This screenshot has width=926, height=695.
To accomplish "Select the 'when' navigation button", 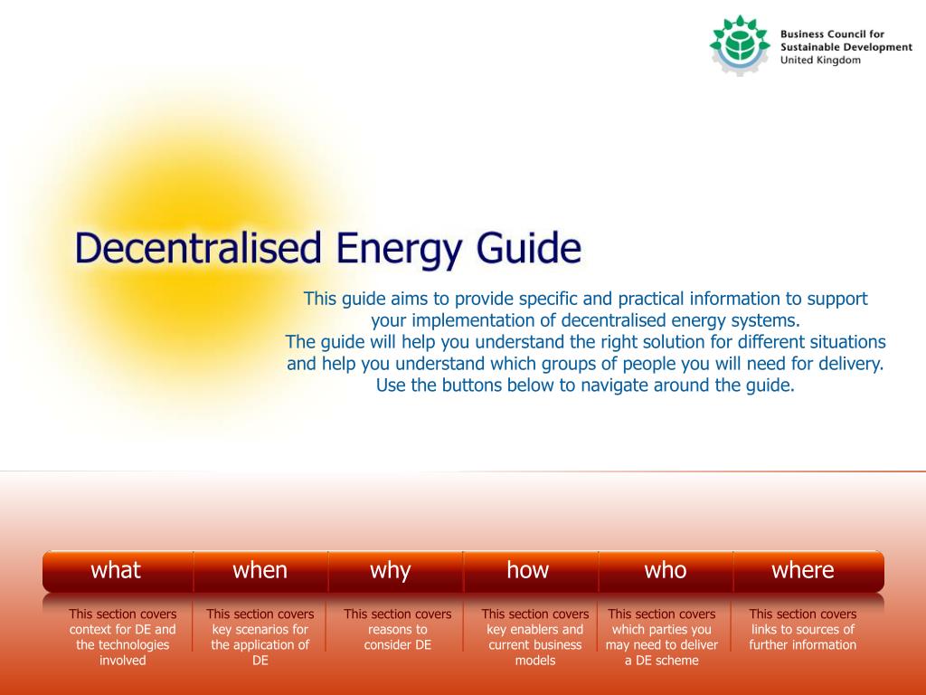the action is (260, 571).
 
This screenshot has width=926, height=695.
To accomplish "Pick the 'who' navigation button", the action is (666, 571).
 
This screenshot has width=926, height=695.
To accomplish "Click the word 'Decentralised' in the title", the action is (198, 248).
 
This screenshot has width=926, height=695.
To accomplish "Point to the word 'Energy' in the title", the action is (399, 251).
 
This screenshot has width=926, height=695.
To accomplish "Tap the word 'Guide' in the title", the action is (529, 248).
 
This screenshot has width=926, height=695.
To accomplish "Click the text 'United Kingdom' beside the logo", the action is (820, 61).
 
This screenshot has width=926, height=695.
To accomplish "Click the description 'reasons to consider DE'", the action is (398, 630).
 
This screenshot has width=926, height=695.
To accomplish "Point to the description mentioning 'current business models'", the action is (535, 637).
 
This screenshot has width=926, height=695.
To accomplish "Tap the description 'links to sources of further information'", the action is (803, 630).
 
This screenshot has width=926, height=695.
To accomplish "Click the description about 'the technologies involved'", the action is (123, 637).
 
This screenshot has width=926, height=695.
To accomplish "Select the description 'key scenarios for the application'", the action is (260, 637).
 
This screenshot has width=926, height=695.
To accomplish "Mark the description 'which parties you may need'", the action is (661, 637).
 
